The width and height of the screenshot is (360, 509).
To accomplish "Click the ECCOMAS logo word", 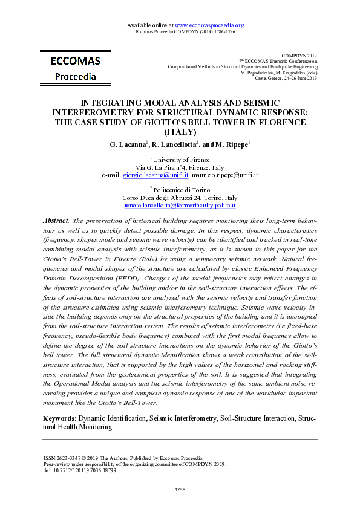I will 75,61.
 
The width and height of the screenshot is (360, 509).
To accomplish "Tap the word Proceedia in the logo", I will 75,77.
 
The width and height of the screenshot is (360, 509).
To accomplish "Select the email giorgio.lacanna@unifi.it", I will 155,175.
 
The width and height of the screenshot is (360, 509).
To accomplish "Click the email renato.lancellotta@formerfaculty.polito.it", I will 180,206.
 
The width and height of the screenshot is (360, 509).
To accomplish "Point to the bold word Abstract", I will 56,221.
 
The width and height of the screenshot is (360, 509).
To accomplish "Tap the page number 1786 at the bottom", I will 180,488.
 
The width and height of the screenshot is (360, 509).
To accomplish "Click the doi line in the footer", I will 76,470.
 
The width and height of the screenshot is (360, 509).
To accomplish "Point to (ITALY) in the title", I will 180,131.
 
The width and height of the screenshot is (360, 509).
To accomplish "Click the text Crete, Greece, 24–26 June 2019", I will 287,78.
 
